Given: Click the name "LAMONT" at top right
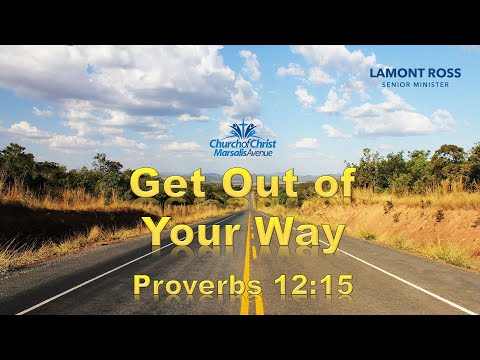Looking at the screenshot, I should point(397,73).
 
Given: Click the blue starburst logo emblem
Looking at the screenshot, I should point(241,130).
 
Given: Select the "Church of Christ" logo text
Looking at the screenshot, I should point(240,144).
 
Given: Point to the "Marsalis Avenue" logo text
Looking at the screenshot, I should point(240,153).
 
